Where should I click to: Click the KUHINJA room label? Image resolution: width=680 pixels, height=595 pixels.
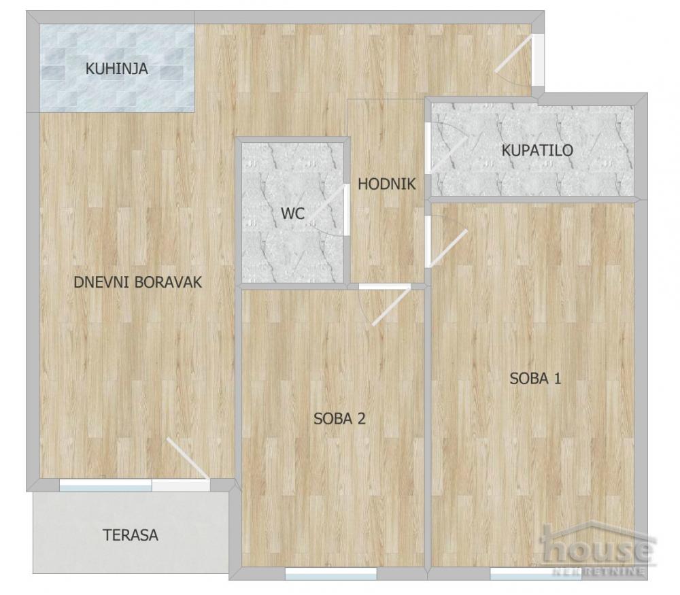coord(117,69)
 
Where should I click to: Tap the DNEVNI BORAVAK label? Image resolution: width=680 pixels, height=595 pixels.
coord(138,282)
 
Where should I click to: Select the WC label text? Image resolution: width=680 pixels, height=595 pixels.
coord(292,214)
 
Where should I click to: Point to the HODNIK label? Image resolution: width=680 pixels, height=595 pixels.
coord(387,184)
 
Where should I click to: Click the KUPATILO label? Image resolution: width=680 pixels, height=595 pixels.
coord(537,150)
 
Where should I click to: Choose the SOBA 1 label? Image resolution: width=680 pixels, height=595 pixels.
coord(535,379)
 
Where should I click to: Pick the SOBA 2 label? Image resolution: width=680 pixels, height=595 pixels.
coord(339,418)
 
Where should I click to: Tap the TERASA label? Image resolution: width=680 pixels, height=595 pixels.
coord(131,535)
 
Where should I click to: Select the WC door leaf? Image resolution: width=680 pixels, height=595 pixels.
coord(328,203)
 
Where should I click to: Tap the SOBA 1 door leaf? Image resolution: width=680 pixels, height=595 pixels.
coord(448,248)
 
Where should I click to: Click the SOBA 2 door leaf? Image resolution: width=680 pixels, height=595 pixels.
coord(391,305)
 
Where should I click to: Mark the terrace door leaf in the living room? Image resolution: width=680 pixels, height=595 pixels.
coord(188,459)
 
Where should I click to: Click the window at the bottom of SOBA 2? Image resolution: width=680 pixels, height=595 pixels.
coord(331,574)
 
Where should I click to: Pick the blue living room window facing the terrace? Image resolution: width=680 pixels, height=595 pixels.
coord(105,486)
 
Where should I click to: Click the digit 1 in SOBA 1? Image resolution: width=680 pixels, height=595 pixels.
coord(557,379)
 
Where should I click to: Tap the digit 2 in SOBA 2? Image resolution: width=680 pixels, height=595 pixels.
coord(361,418)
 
